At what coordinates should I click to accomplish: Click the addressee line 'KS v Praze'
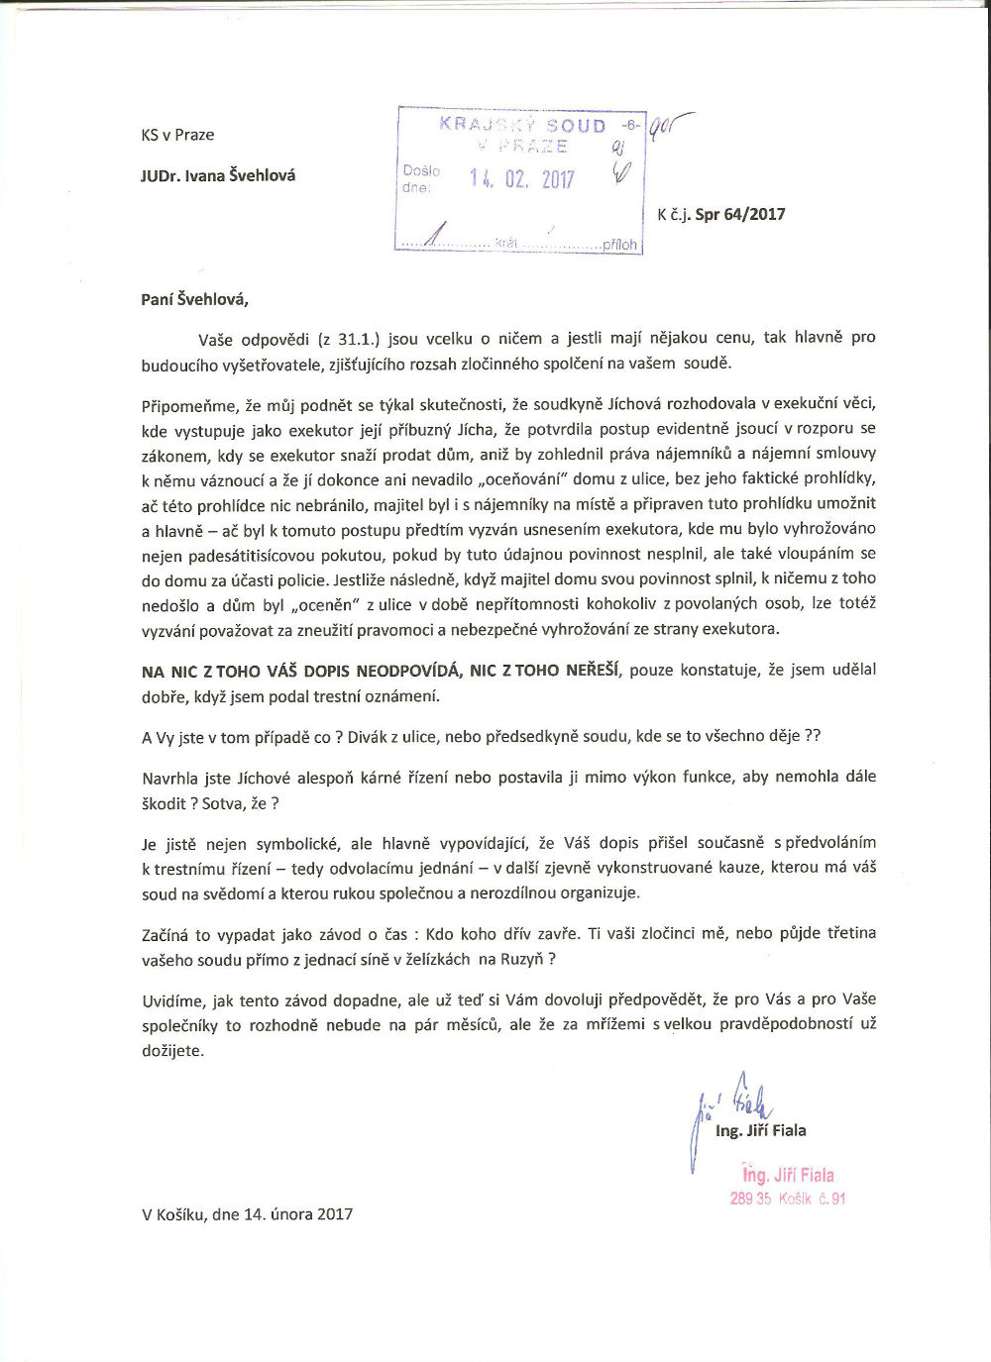[x=177, y=135]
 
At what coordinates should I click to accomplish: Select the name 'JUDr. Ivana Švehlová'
[x=218, y=176]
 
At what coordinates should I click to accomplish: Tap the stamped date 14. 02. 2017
[x=521, y=179]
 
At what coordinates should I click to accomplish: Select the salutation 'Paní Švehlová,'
[x=195, y=298]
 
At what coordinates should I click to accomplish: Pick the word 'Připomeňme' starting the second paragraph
[x=189, y=404]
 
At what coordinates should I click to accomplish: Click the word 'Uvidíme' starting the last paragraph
[x=173, y=999]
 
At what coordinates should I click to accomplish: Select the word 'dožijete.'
[x=172, y=1051]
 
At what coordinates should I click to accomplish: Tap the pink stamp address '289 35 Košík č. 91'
[x=788, y=1199]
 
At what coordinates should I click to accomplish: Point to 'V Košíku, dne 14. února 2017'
[x=248, y=1214]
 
